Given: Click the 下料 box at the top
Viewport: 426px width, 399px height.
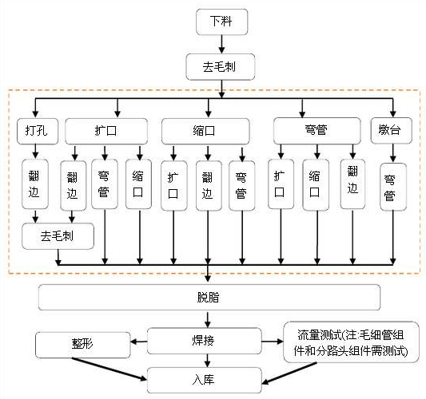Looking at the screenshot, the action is [221, 22].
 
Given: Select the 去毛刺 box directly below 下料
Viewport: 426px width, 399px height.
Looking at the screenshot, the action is [221, 67].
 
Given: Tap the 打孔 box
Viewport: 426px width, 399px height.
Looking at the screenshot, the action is [38, 131].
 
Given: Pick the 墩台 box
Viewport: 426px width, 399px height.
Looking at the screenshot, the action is [392, 130].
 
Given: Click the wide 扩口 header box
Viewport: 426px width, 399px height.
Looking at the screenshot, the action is [106, 131].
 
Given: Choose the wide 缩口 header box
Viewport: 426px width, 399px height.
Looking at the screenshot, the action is [205, 131].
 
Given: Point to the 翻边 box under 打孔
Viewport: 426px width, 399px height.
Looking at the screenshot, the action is [35, 184].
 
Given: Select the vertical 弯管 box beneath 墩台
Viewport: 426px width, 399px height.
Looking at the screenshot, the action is [393, 187].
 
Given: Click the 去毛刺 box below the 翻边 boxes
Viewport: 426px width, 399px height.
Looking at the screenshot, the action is [58, 236].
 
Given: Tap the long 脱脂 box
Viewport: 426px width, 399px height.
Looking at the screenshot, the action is [209, 298].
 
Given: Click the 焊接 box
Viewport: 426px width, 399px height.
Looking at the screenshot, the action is [205, 341].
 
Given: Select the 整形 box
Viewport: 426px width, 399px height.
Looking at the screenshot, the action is [83, 345].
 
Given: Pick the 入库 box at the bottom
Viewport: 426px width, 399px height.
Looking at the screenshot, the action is [205, 380].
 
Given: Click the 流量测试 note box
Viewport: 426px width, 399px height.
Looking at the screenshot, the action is [352, 342].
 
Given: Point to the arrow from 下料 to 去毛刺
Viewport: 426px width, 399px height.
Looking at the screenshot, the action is [221, 44].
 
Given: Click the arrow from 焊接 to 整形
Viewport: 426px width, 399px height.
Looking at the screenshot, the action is [139, 342].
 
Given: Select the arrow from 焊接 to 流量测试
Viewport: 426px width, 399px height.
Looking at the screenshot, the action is [273, 342].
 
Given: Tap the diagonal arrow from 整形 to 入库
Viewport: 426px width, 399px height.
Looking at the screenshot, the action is [109, 369].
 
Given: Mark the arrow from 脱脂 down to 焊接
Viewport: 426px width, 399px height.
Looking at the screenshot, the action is [208, 319].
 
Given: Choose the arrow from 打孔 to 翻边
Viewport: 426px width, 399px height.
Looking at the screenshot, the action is [35, 151].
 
